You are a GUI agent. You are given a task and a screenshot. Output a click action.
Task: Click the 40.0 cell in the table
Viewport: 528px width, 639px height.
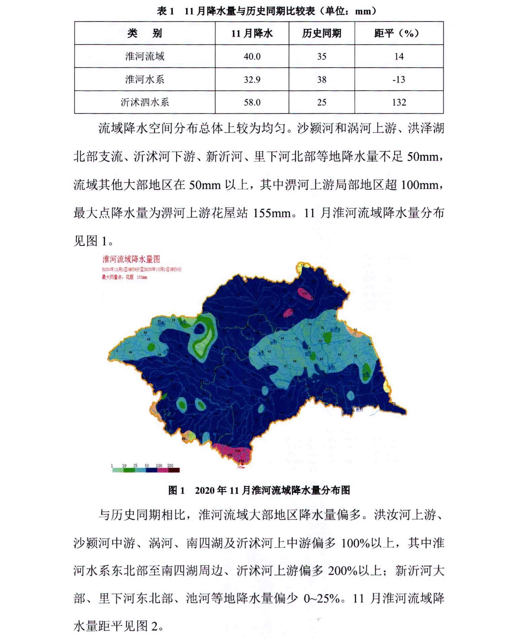(252, 56)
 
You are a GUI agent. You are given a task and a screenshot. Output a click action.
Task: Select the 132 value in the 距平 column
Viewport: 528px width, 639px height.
(399, 102)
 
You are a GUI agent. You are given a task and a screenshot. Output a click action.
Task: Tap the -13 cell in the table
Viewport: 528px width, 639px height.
(399, 79)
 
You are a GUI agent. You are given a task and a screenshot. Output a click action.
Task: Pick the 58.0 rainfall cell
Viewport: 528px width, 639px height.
(252, 102)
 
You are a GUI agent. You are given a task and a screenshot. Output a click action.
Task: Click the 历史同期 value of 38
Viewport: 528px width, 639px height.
(321, 79)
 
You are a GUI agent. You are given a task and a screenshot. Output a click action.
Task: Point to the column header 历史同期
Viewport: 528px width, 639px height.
(321, 33)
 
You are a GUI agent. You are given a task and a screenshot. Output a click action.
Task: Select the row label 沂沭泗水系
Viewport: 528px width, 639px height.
(145, 102)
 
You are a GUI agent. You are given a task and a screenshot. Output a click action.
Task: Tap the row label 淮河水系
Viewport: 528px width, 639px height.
(145, 79)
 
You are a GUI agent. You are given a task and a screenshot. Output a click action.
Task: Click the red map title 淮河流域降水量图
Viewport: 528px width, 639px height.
(131, 259)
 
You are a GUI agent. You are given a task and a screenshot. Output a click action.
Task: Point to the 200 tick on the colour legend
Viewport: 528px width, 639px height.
(170, 466)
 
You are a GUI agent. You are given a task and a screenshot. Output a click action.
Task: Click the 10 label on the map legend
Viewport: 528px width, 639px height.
(124, 466)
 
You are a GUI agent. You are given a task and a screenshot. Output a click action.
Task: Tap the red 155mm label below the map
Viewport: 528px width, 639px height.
(241, 468)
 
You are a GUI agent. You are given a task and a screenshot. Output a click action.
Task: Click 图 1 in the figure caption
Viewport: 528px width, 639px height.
(176, 490)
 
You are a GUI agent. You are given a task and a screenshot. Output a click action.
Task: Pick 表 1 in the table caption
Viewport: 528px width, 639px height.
(165, 11)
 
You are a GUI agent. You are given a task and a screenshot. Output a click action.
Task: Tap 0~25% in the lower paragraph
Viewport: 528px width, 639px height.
(321, 599)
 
